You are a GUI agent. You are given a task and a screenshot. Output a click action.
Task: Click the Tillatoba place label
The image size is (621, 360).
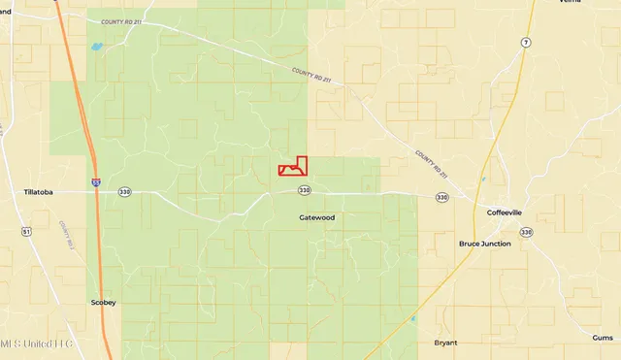click(43, 192)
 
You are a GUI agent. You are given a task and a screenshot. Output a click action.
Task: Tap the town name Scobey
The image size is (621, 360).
click(103, 302)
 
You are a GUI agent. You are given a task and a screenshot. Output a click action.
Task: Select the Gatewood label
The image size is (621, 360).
click(316, 217)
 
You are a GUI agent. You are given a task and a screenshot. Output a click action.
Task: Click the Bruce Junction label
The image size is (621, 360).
click(484, 244)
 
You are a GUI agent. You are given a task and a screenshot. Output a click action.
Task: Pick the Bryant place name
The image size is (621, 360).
click(446, 343)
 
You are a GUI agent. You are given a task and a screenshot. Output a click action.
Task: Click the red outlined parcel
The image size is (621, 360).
click(294, 167)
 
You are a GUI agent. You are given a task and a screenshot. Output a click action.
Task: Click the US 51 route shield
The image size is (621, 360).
click(26, 232)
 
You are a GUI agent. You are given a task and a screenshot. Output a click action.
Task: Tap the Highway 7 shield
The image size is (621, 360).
click(524, 44)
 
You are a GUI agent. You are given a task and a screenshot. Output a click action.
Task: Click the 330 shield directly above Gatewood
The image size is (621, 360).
click(304, 190)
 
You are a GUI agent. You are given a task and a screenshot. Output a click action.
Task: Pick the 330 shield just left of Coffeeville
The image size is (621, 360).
click(442, 197)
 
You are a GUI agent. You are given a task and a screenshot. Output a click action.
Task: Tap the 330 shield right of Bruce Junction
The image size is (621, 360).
click(526, 232)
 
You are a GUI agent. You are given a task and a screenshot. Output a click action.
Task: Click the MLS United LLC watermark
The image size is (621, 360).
click(37, 344)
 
